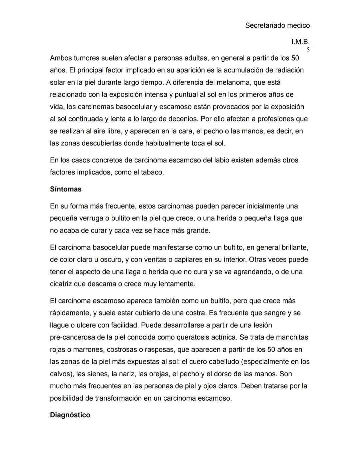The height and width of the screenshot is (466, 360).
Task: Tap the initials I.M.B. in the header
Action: (x=300, y=42)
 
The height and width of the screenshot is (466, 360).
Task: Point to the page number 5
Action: (x=308, y=50)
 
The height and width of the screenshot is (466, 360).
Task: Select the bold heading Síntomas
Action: (x=66, y=189)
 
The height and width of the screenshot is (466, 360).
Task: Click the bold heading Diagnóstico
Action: (x=70, y=415)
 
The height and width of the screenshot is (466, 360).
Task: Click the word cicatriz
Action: (x=62, y=284)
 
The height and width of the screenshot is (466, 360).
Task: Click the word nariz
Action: (x=127, y=374)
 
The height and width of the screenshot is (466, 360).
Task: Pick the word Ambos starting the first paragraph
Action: (x=61, y=58)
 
